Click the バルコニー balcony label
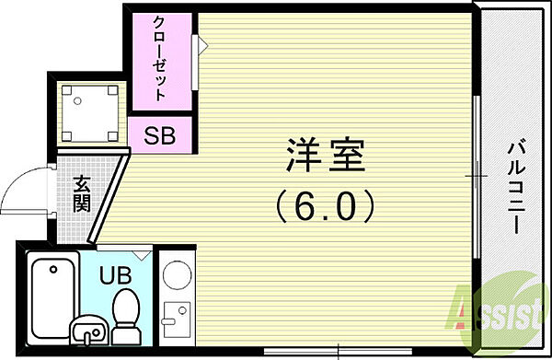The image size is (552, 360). tap(516, 184)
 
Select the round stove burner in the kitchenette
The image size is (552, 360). tap(176, 274)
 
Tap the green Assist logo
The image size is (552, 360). tap(497, 313)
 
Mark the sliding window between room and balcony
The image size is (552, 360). tap(477, 175)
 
